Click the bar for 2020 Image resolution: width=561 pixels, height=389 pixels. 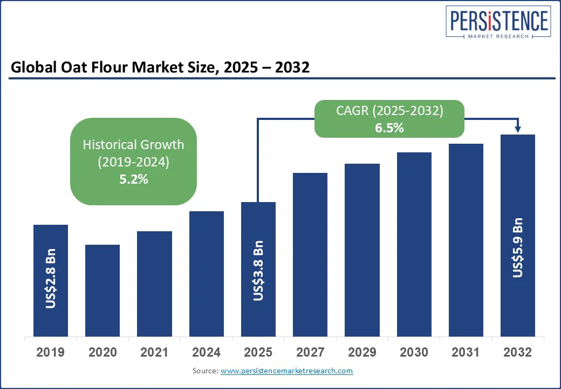coord(102,290)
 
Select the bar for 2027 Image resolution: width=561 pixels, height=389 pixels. coord(310,254)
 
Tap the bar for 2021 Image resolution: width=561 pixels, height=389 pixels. coord(154,284)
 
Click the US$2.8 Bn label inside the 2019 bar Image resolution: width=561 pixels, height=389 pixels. coord(51,279)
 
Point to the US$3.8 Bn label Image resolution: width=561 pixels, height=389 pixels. coord(258,271)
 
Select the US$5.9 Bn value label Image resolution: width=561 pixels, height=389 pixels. coord(518,247)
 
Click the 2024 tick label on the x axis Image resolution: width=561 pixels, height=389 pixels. coord(207,352)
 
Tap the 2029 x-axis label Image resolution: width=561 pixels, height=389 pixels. coord(362,352)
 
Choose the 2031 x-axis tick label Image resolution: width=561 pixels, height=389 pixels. coord(466,352)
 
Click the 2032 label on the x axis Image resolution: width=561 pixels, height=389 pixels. coord(517,352)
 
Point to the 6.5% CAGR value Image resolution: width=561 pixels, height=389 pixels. coord(390,128)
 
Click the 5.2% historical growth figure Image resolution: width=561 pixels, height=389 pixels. coord(133,179)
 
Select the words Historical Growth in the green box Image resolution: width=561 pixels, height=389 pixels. coord(133,145)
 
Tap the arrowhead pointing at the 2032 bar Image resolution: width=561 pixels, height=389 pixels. coord(518,129)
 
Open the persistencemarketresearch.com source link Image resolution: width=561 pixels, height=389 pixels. coord(287,371)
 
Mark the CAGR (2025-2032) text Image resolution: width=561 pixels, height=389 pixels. coord(390,111)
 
